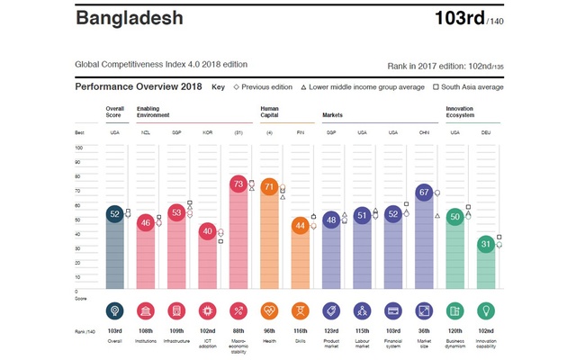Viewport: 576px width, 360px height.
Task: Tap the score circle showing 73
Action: click(x=238, y=184)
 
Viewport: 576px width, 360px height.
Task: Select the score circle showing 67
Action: click(x=425, y=192)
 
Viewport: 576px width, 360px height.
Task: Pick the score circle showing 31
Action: click(x=487, y=244)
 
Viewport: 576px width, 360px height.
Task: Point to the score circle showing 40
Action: click(x=207, y=231)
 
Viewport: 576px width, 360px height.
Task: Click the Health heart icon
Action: click(x=269, y=310)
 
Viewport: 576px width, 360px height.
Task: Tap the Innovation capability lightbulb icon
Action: click(x=487, y=310)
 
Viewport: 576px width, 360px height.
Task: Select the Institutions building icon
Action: click(x=145, y=310)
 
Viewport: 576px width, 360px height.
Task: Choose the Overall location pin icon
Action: click(x=114, y=310)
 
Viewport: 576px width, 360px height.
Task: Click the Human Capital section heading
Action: click(x=270, y=112)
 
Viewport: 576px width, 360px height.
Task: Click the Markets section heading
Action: click(x=333, y=115)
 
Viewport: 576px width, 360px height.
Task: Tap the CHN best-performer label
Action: click(x=425, y=132)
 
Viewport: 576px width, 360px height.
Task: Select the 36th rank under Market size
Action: click(x=425, y=332)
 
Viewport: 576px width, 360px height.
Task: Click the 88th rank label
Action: click(x=238, y=332)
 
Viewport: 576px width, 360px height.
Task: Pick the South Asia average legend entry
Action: click(x=468, y=87)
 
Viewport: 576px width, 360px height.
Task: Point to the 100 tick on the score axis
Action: click(x=79, y=147)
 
